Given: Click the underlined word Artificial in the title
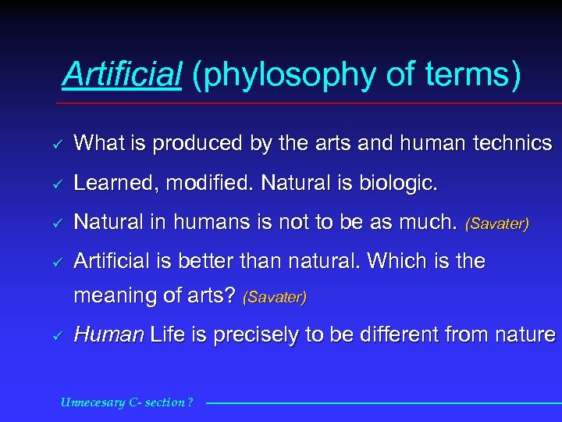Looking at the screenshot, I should point(122,75).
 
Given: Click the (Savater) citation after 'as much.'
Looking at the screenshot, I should point(497,224).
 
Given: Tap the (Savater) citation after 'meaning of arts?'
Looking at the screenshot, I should point(275,297).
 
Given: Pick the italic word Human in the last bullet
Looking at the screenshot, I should point(108,335).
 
